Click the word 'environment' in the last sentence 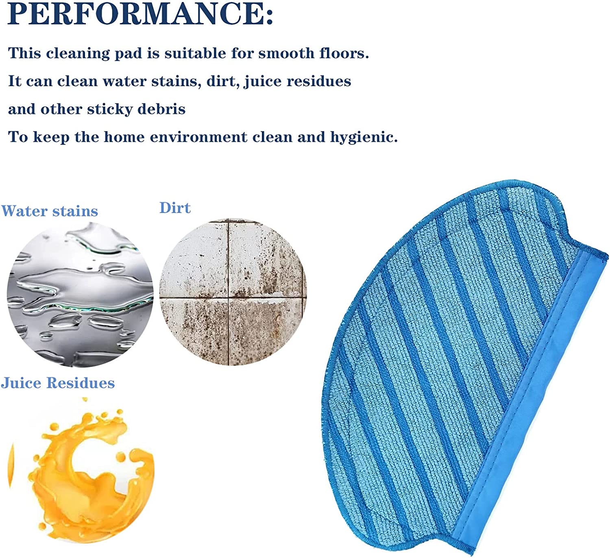click(x=198, y=137)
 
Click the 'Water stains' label click(x=50, y=211)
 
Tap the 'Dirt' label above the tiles click(x=175, y=208)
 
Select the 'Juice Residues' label click(x=58, y=383)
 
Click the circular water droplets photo click(x=80, y=294)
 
